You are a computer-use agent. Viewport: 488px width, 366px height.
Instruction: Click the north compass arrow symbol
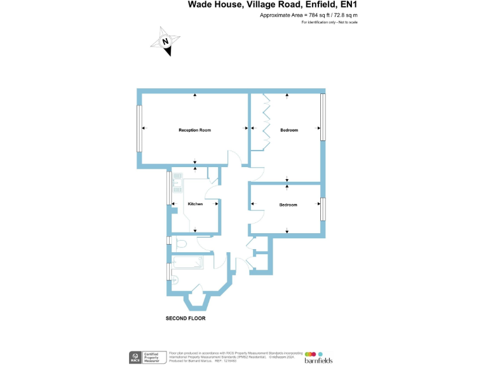(165, 41)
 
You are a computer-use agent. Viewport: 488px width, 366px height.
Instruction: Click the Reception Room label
(194, 130)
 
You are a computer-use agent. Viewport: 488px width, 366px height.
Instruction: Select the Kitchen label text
(195, 204)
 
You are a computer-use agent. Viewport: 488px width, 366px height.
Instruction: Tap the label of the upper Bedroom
(289, 130)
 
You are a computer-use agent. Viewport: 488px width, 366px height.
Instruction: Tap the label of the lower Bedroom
(288, 205)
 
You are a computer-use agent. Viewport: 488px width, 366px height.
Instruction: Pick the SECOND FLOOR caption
(186, 318)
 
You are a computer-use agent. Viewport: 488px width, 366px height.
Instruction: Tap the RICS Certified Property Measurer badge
(146, 356)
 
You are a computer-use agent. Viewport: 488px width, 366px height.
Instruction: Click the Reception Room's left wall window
(139, 128)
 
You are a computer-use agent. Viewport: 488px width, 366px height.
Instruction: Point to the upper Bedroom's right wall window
(323, 117)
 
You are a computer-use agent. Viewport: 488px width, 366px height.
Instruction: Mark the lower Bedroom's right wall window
(323, 208)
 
